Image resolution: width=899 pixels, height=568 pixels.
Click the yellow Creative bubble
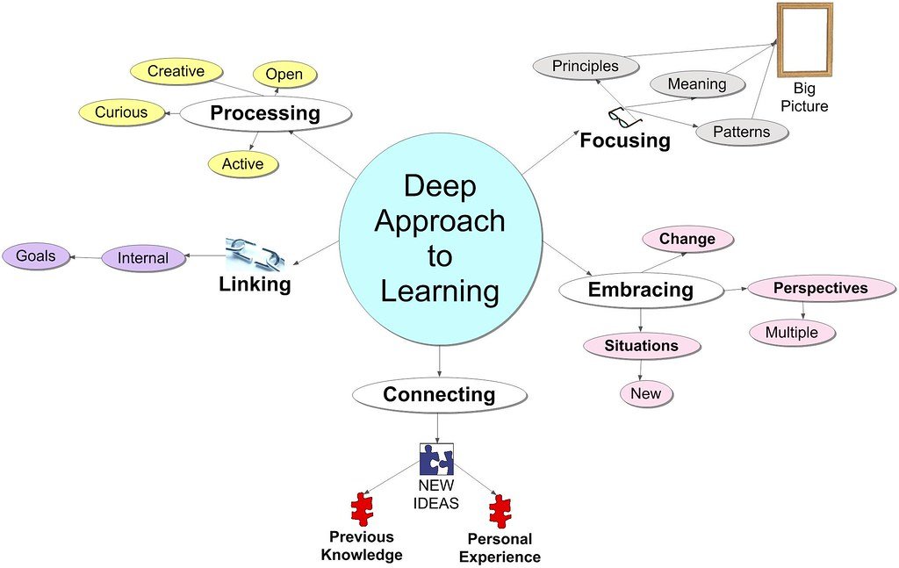coord(176,72)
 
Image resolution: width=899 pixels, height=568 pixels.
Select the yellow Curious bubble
coord(121,112)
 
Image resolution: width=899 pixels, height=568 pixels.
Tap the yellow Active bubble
coord(242,164)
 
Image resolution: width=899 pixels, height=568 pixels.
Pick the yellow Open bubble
coord(284,75)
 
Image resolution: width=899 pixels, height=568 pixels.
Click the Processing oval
coord(265,113)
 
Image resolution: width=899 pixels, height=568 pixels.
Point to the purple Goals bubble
coord(36,256)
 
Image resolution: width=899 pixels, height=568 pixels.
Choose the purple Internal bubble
coord(143,258)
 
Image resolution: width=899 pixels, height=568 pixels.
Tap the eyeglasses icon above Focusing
coord(625,116)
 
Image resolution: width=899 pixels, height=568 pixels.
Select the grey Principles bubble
coord(586,66)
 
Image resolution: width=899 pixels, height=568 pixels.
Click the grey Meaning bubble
coord(697,84)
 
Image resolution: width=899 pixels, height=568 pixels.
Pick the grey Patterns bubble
coord(741,133)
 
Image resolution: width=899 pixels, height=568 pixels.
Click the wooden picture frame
coord(803,40)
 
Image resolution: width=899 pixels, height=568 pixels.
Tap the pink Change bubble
coord(687,239)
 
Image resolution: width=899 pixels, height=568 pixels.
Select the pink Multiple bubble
coord(791,333)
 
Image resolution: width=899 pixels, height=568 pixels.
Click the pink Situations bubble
coord(642,346)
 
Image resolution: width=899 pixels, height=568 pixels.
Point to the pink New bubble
coord(645,393)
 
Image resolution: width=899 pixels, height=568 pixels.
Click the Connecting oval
coord(438,395)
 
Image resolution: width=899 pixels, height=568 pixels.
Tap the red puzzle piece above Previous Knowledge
coord(362,510)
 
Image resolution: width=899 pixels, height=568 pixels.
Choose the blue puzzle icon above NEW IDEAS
coord(436,459)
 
